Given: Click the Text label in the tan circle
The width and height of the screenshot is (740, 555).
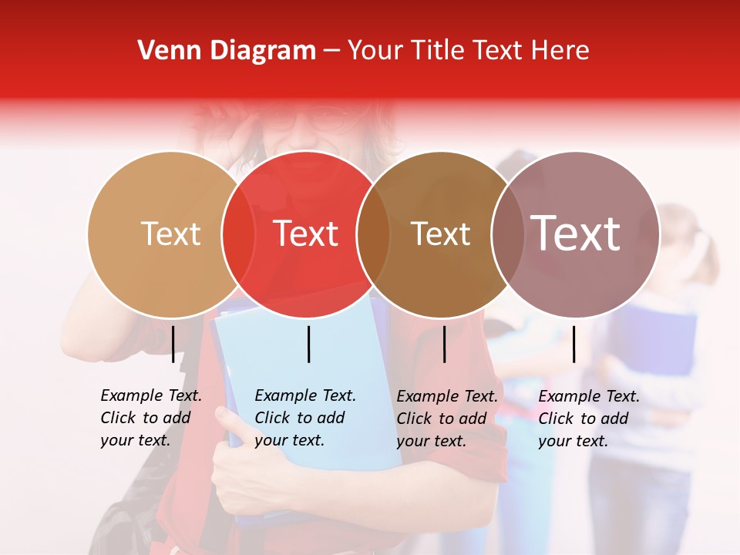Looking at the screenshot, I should tap(170, 234).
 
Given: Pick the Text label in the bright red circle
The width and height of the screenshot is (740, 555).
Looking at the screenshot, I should tap(306, 234).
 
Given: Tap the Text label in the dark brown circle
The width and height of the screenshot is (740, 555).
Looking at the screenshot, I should tap(440, 234).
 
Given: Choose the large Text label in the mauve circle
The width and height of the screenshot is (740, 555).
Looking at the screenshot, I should tap(576, 233).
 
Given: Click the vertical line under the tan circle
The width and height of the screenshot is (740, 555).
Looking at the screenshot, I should tap(173, 344).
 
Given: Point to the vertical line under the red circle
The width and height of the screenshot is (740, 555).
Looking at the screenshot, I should tap(308, 344).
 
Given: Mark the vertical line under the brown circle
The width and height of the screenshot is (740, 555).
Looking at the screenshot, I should tap(444, 344).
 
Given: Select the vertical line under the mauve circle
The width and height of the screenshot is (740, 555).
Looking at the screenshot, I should tap(573, 344).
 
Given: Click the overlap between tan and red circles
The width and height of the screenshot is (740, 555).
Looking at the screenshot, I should tap(238, 234).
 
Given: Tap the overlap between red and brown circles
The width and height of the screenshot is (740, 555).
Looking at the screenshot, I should tap(373, 234).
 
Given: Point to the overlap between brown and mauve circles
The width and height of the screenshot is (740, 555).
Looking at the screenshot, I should tap(507, 234).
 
